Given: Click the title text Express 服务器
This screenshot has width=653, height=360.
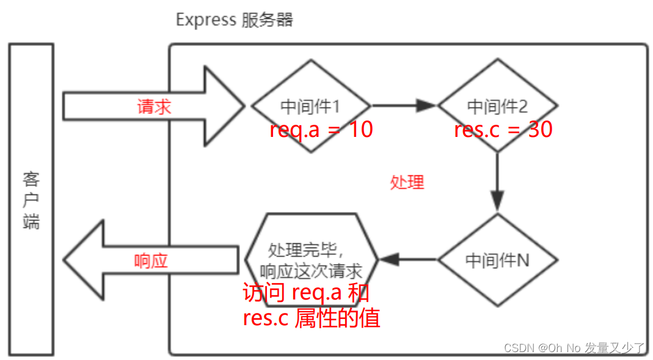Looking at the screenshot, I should point(234,20).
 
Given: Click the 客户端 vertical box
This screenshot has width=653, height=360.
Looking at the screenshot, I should point(31,200).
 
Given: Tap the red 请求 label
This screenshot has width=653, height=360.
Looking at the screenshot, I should point(154,106).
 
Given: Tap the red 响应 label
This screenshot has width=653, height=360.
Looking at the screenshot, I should point(150,261).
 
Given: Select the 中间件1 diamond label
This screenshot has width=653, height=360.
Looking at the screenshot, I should point(310,106).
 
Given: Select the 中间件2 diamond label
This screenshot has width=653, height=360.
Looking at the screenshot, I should point(497,106).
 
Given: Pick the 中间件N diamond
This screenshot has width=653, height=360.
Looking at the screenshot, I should point(497,260).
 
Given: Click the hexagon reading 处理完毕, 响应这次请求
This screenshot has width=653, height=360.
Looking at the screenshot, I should point(311,260).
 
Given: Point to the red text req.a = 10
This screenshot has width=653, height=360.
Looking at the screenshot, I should point(321,130).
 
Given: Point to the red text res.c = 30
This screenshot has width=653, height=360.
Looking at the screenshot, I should point(503,130).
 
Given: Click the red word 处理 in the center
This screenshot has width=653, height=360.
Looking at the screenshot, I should point(407,182).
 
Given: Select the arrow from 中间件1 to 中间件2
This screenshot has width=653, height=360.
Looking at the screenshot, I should point(403,105).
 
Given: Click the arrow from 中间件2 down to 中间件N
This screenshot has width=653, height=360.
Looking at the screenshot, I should point(497,180).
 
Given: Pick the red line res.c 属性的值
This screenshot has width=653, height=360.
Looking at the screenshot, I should point(311,318).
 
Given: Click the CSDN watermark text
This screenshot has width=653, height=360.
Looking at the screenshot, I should point(574,348).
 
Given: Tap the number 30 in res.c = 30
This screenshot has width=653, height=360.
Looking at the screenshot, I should point(540,130).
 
